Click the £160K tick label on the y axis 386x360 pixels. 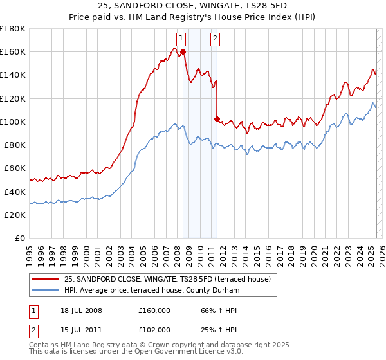coord(12,52)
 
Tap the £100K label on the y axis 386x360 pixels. coord(12,122)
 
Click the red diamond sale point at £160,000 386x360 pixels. coord(183,52)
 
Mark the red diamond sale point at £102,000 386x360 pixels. coord(217,119)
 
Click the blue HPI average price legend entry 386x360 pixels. coord(152,291)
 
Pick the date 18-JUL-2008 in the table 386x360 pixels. coord(77,310)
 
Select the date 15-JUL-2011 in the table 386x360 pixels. coord(77,330)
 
